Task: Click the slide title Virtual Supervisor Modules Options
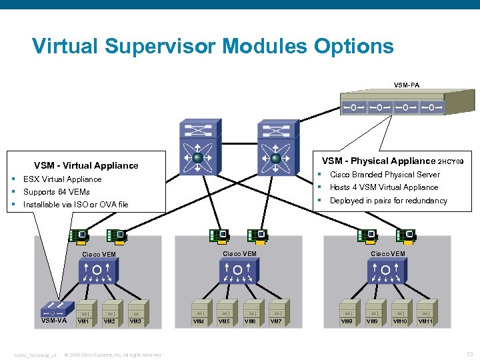[213, 46]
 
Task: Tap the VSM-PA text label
[406, 85]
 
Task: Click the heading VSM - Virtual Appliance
[86, 165]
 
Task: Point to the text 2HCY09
[455, 162]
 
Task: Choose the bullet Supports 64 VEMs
[56, 192]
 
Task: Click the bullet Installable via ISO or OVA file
[75, 205]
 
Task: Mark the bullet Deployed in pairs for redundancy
[388, 201]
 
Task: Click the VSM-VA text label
[53, 321]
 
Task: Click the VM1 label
[83, 321]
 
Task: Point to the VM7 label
[276, 321]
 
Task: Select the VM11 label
[425, 321]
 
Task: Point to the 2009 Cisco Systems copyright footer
[113, 355]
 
